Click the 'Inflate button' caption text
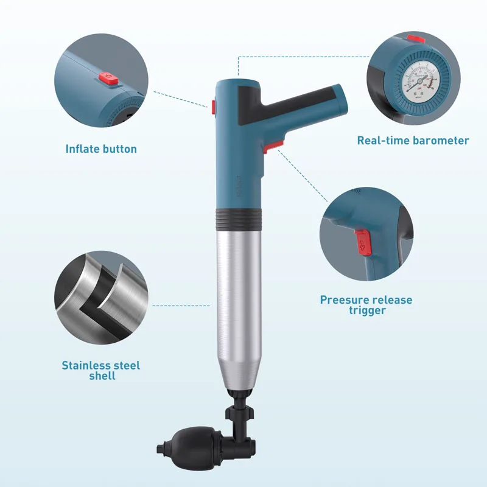pyautogui.click(x=101, y=149)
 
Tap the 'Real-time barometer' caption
pyautogui.click(x=413, y=141)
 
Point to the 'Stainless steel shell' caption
pyautogui.click(x=100, y=371)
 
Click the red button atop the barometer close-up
pyautogui.click(x=416, y=39)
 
